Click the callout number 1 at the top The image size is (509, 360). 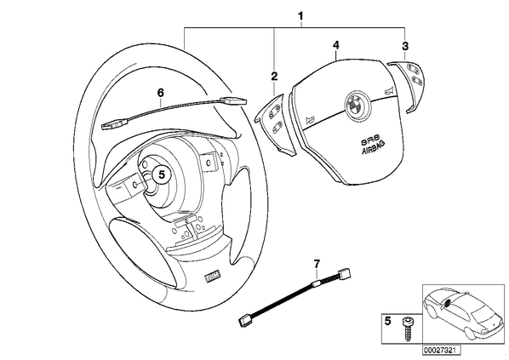tap(300, 15)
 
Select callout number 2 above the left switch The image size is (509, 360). tap(274, 77)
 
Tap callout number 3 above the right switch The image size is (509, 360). tap(405, 46)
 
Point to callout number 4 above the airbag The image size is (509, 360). tap(336, 45)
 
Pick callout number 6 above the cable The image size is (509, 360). tap(160, 93)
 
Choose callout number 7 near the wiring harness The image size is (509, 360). tap(317, 263)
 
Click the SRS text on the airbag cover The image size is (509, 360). tap(369, 139)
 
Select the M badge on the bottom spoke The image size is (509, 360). tap(213, 276)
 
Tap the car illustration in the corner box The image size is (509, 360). tap(463, 313)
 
